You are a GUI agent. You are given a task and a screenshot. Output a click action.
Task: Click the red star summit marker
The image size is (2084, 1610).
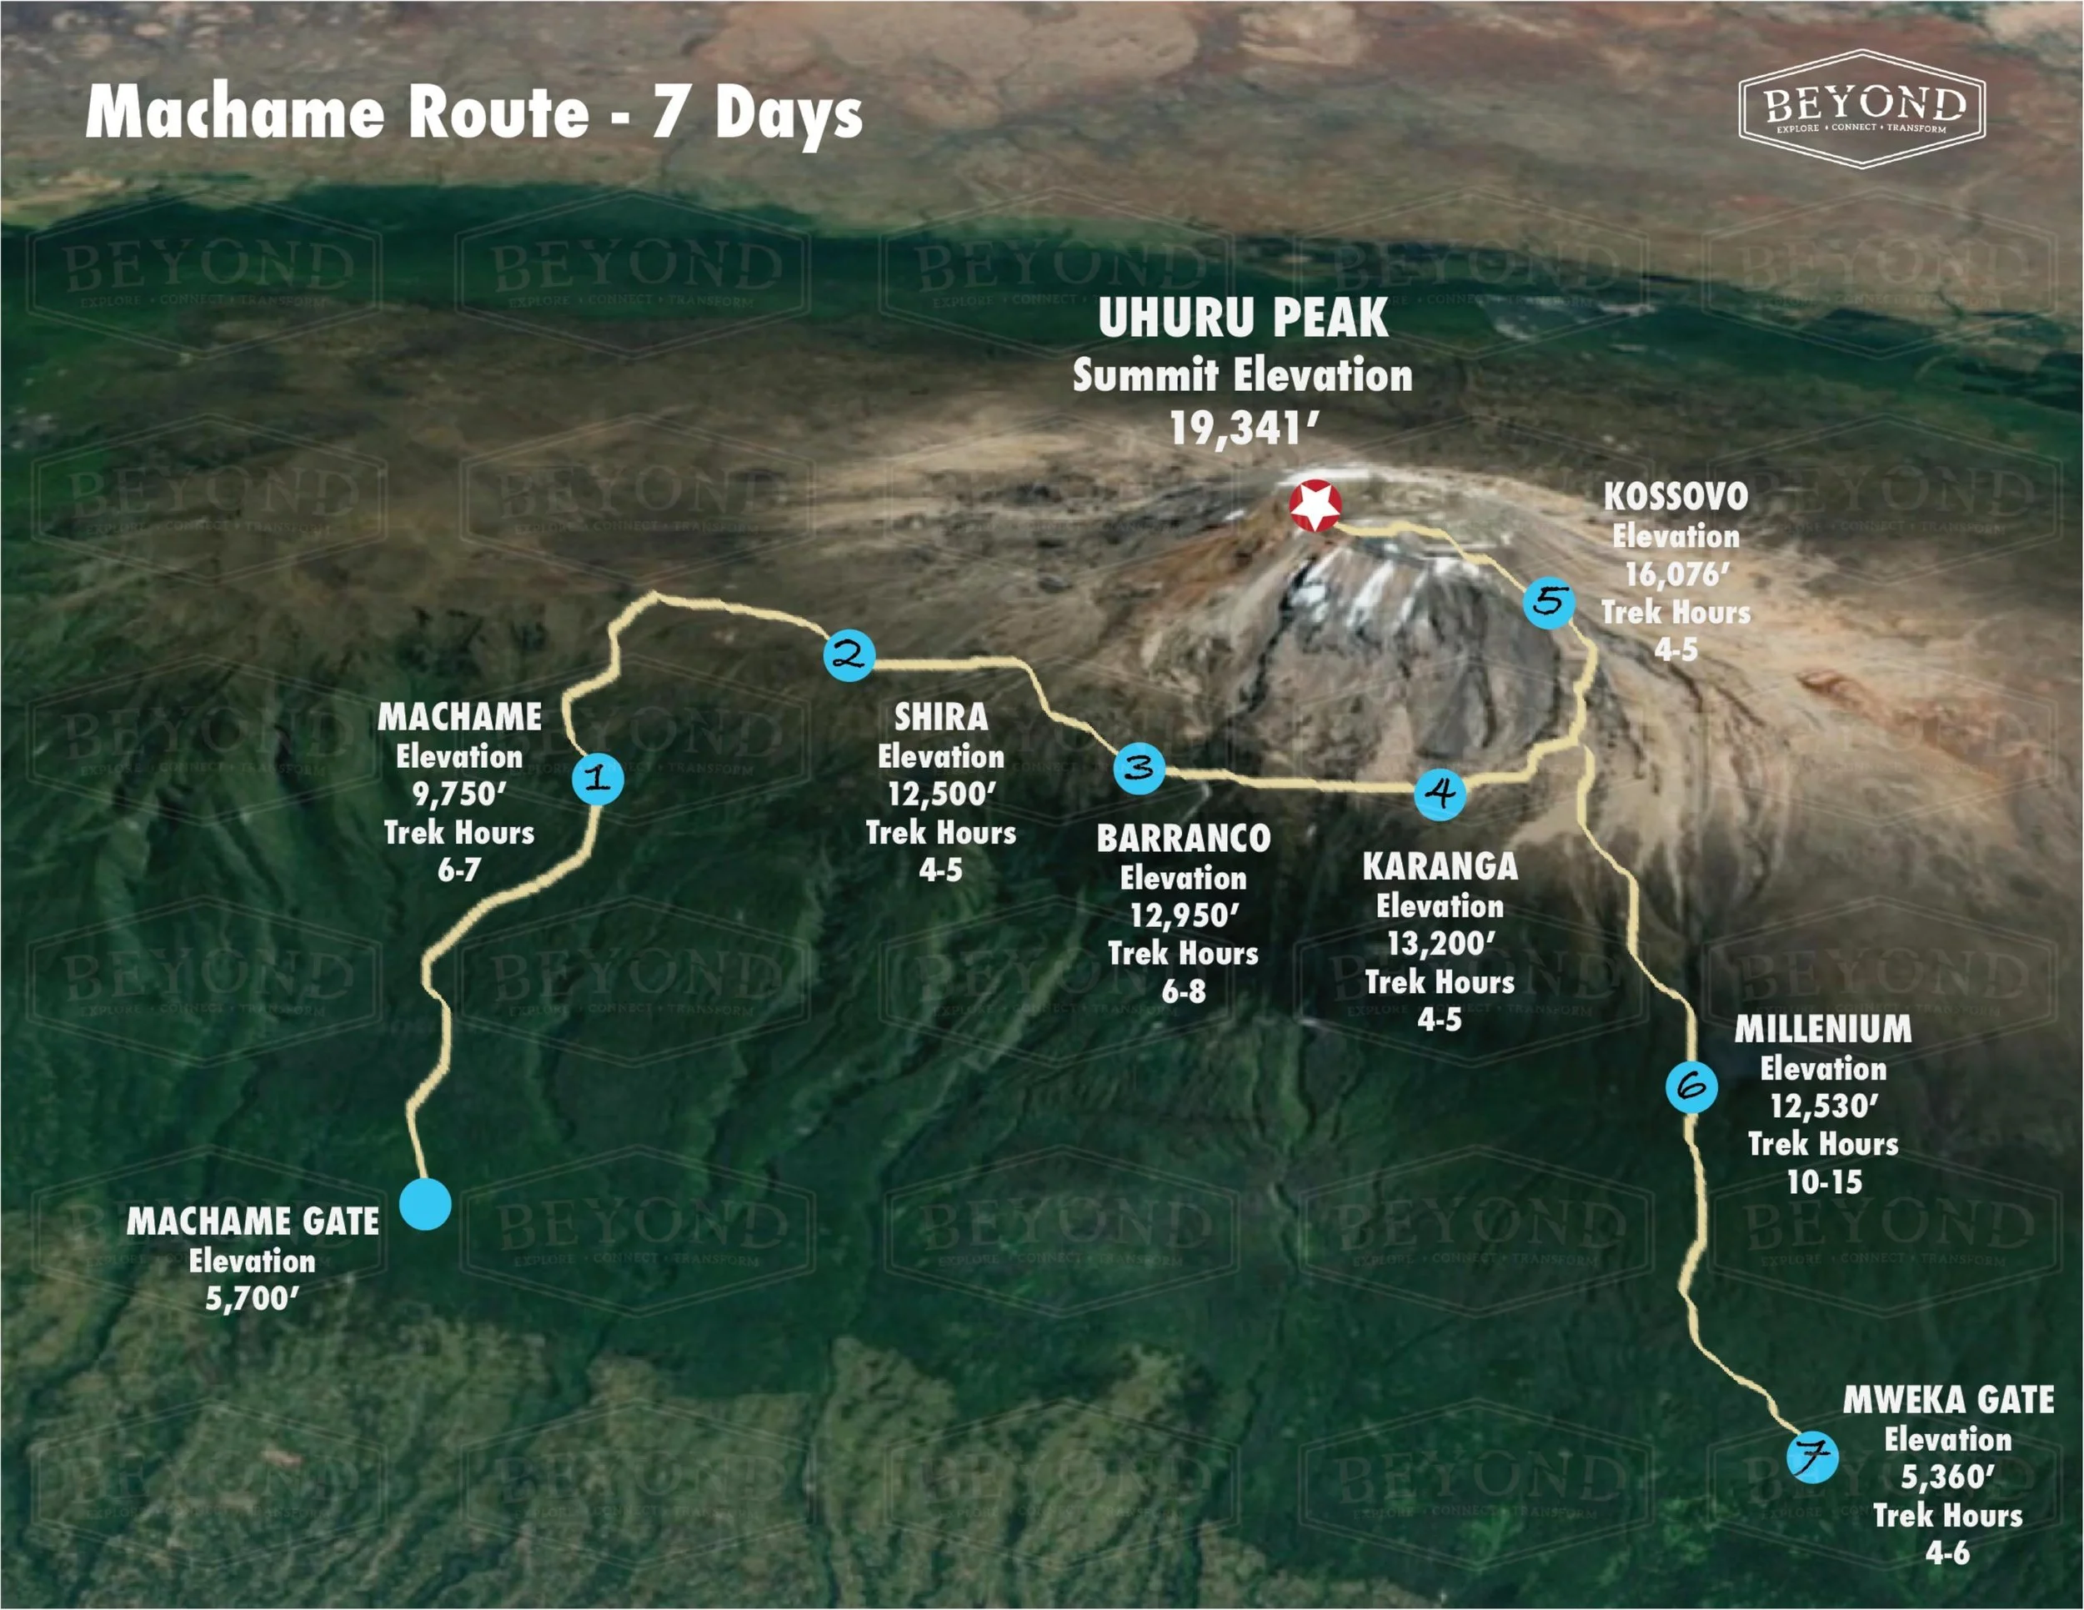[x=1315, y=505]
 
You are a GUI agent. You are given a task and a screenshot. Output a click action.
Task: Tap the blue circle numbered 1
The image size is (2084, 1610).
[x=599, y=779]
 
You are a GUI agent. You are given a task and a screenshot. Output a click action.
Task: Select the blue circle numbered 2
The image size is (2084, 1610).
[x=849, y=655]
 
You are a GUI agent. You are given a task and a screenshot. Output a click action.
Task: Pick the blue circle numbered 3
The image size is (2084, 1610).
[x=1140, y=768]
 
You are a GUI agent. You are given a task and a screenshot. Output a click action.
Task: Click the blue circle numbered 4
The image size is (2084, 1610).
[x=1440, y=793]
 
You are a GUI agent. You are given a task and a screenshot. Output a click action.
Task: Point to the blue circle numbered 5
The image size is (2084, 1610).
[x=1549, y=602]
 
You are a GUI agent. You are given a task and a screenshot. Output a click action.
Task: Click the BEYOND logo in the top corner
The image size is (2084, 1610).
[x=1861, y=108]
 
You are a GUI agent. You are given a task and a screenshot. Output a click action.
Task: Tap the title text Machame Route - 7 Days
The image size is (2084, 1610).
[x=474, y=113]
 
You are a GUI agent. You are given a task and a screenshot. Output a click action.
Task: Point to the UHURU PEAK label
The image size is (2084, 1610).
[x=1242, y=318]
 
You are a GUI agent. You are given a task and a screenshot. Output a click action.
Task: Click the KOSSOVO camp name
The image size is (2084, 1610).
[x=1676, y=496]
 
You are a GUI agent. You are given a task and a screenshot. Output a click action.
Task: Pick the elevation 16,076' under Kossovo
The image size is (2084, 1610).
[x=1676, y=574]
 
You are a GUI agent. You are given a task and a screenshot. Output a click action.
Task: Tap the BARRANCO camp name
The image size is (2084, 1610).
[x=1183, y=839]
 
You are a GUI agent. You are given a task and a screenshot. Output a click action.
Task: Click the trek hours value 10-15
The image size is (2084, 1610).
[x=1824, y=1182]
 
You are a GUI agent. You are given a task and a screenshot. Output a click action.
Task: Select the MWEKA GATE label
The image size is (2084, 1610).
[x=1947, y=1400]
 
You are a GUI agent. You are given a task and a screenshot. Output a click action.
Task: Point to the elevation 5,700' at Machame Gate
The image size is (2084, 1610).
[x=252, y=1299]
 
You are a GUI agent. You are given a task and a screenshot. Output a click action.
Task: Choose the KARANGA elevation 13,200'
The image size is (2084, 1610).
[x=1440, y=944]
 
